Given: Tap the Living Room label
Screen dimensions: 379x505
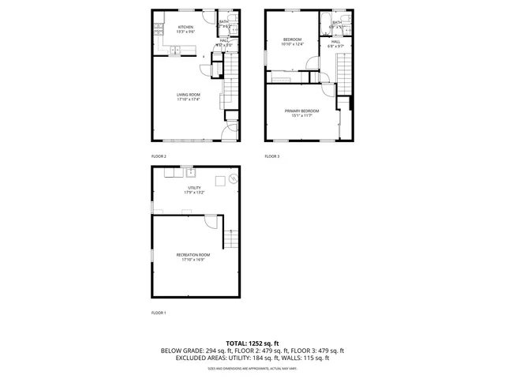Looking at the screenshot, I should [x=188, y=95].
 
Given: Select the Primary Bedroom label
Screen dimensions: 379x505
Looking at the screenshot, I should [x=301, y=111].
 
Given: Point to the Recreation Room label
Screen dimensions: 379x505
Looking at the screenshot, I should [x=193, y=254].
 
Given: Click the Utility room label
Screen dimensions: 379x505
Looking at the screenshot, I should [x=194, y=187].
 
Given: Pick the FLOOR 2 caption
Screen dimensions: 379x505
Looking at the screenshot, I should [x=159, y=156].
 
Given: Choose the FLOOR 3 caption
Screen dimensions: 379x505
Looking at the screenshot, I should [x=272, y=156].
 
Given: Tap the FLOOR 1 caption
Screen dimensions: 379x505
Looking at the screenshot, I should [x=159, y=313].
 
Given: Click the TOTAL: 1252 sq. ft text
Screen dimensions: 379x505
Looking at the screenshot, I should [x=252, y=343].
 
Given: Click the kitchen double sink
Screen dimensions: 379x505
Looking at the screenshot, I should [x=176, y=52].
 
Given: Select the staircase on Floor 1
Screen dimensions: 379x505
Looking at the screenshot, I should [x=230, y=238].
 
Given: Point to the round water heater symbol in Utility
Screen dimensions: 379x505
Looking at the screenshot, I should [x=233, y=180].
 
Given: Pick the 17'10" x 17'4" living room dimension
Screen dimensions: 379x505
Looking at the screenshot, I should [x=188, y=99].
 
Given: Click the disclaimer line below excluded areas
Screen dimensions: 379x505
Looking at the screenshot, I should [x=252, y=368].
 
